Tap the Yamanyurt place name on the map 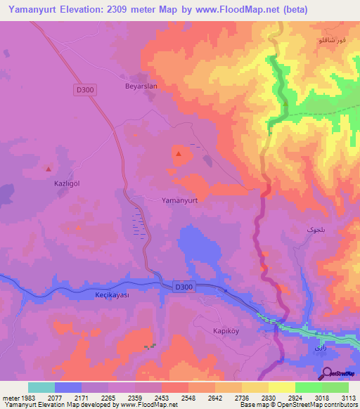(181, 200)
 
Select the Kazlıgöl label (67, 183)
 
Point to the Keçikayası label (112, 295)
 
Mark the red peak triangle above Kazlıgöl (49, 169)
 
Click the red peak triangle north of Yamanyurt (179, 154)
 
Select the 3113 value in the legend (349, 397)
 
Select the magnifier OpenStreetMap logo (328, 373)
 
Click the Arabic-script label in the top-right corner (333, 42)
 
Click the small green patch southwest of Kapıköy (149, 346)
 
